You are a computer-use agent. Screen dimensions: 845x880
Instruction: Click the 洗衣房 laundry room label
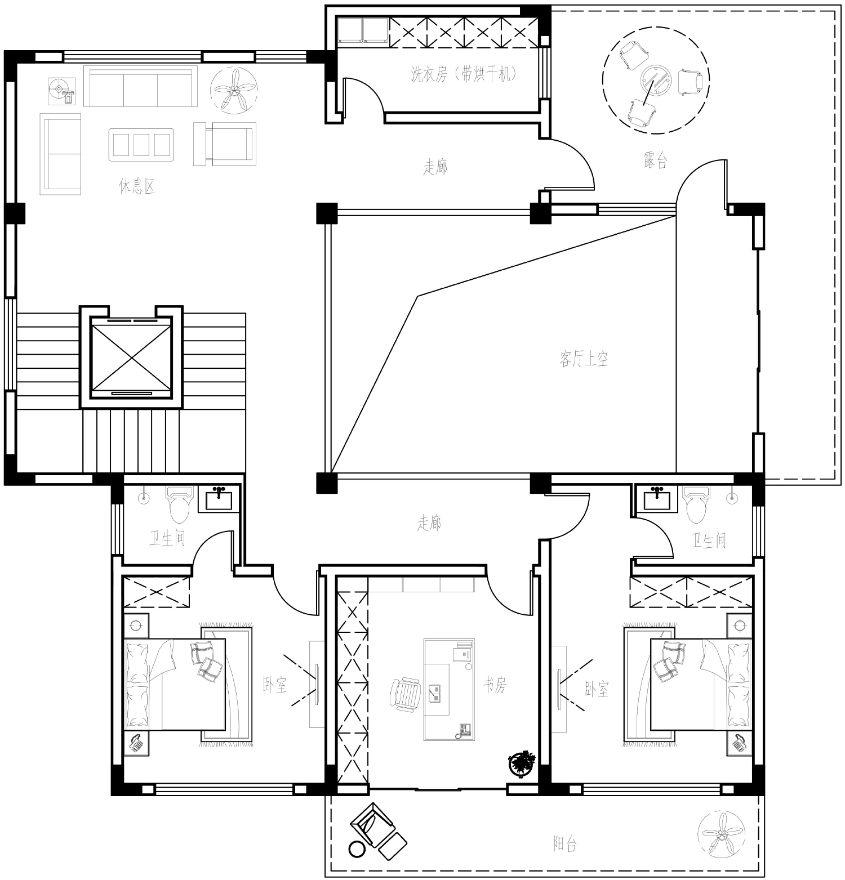click(x=463, y=74)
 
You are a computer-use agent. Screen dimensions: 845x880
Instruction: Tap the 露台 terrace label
click(x=655, y=160)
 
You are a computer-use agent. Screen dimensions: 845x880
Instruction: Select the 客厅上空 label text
click(x=584, y=358)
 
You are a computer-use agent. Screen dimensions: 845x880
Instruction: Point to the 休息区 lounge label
click(x=137, y=186)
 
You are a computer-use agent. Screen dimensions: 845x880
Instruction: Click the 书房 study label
click(x=495, y=684)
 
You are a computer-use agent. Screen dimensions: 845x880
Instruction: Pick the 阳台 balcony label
click(x=565, y=844)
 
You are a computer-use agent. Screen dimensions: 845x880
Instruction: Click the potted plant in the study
click(x=522, y=763)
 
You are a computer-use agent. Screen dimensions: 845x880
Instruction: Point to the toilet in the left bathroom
click(x=180, y=504)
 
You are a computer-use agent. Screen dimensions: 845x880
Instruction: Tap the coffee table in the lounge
click(x=141, y=145)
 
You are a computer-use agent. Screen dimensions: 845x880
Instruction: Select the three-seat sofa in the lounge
click(x=141, y=87)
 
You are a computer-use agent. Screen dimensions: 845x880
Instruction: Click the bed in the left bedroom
click(x=175, y=684)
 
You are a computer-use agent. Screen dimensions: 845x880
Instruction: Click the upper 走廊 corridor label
click(x=435, y=167)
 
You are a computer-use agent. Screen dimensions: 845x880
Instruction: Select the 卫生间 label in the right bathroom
click(x=709, y=541)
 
